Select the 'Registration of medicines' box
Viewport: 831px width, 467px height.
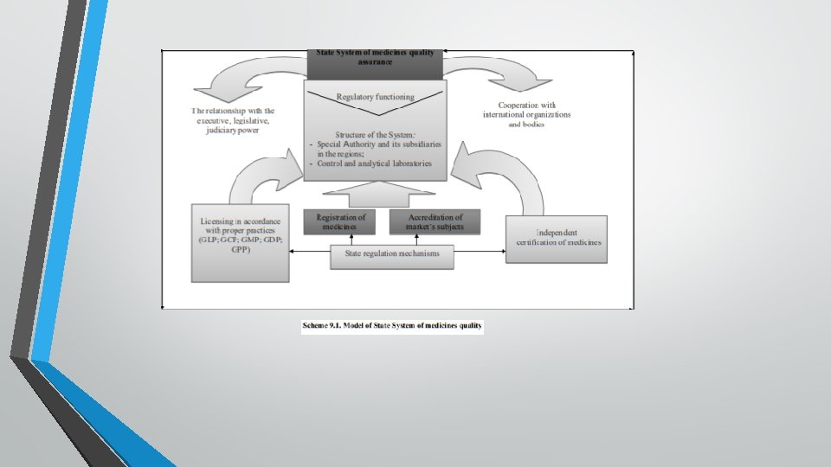tap(340, 221)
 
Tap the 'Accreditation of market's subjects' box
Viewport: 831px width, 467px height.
tap(435, 221)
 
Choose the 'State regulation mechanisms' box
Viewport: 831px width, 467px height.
tap(392, 255)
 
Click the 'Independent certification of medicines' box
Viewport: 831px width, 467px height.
tap(557, 239)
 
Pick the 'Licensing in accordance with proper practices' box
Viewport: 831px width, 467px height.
tap(240, 242)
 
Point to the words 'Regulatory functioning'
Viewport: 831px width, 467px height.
tap(375, 97)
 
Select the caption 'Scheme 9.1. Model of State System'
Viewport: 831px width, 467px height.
tap(392, 326)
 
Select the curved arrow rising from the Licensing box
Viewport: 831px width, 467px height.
tap(260, 172)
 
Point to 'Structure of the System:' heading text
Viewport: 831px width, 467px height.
tap(375, 135)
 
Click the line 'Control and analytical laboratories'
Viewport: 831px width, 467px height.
tap(374, 163)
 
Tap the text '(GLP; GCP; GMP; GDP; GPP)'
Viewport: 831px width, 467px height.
tap(240, 243)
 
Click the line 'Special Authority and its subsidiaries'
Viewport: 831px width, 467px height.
tap(375, 144)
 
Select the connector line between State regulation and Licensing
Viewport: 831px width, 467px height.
tap(309, 252)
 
